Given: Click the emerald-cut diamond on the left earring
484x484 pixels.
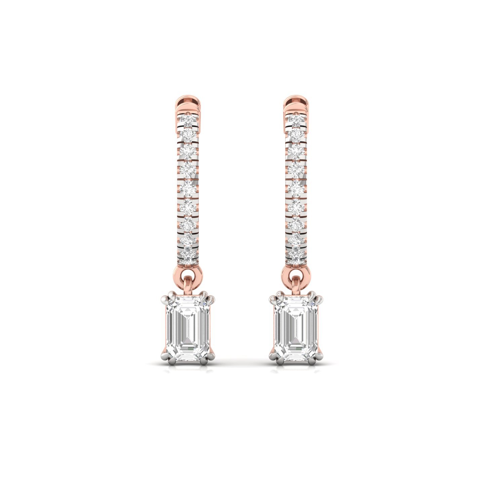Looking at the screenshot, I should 188,328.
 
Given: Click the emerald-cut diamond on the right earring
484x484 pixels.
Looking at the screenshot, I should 296,328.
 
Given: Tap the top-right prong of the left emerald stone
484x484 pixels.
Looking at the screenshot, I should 210,299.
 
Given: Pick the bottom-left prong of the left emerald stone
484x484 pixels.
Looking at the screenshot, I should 167,359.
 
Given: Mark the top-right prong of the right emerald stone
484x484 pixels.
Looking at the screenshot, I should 319,299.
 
